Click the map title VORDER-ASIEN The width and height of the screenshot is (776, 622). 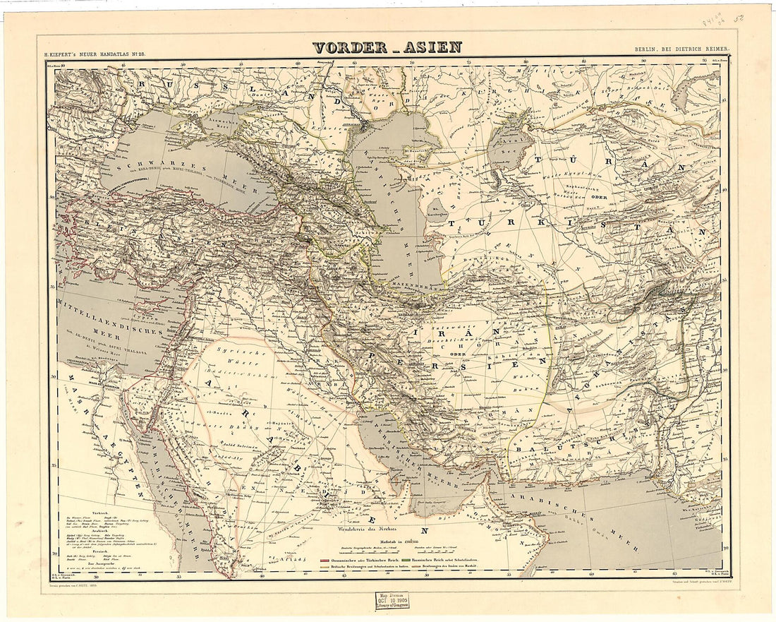click(x=387, y=48)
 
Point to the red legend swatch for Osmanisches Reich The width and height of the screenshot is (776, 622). click(x=325, y=559)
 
